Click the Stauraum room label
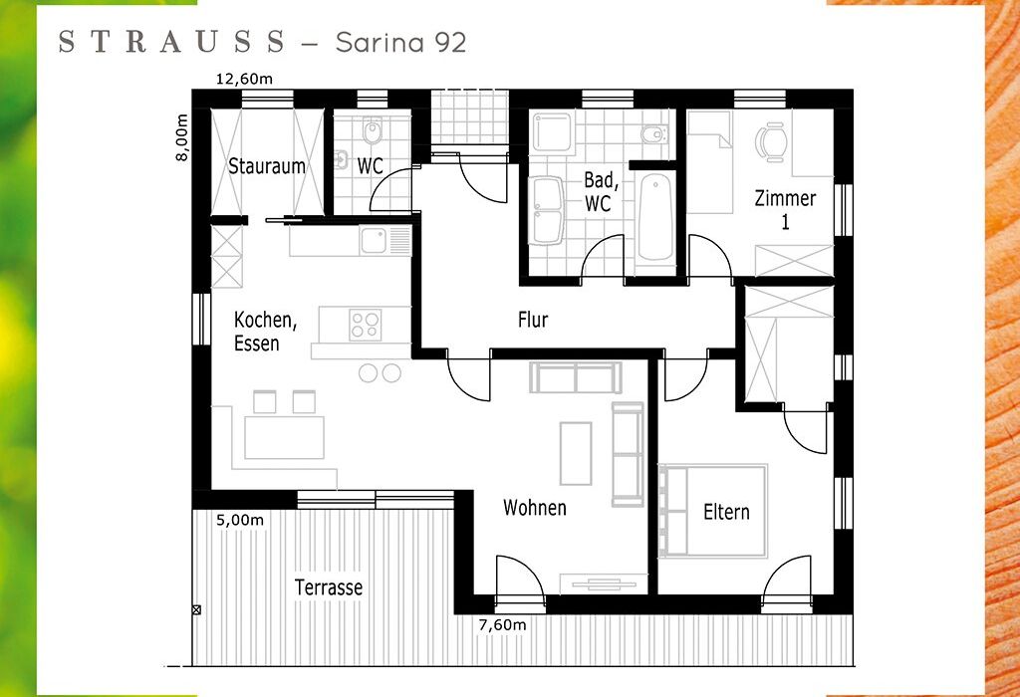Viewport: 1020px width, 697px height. tap(267, 166)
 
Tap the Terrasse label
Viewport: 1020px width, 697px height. tap(329, 587)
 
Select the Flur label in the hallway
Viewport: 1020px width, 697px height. tap(533, 320)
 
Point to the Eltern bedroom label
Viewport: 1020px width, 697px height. tap(726, 512)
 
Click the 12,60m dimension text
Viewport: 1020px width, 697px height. tap(245, 80)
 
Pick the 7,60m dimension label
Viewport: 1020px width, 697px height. tap(502, 625)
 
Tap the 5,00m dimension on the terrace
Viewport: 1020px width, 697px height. tap(240, 520)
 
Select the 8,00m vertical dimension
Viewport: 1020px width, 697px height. tap(183, 137)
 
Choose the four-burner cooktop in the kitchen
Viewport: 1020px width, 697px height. tap(365, 325)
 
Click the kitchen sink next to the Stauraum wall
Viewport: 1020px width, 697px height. tap(375, 240)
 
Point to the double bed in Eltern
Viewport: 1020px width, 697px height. tap(713, 511)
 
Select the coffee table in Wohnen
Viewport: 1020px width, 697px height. tap(576, 453)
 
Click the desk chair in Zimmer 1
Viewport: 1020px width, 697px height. tap(770, 142)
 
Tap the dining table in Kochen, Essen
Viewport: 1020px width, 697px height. tap(284, 437)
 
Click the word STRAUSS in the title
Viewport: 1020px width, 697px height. tap(172, 42)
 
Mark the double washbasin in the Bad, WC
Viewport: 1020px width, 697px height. tap(547, 210)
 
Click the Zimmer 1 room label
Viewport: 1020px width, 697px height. tap(785, 209)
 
